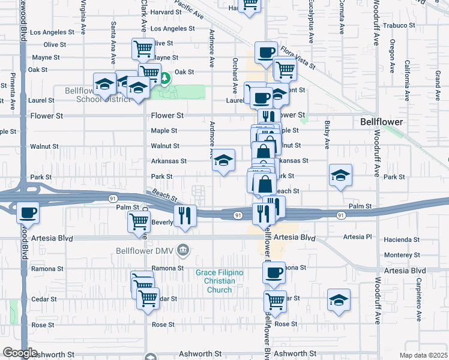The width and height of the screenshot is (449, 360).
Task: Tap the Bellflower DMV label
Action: click(x=147, y=249)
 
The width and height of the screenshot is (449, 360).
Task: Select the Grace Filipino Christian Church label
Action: click(x=220, y=281)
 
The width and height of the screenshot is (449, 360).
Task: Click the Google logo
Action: click(x=20, y=353)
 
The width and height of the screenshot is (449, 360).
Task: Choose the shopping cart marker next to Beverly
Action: click(x=139, y=221)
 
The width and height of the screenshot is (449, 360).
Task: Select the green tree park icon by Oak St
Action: click(x=164, y=77)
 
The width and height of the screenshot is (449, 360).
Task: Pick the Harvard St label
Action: click(x=165, y=11)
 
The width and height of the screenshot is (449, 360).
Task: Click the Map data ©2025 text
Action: click(x=424, y=355)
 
